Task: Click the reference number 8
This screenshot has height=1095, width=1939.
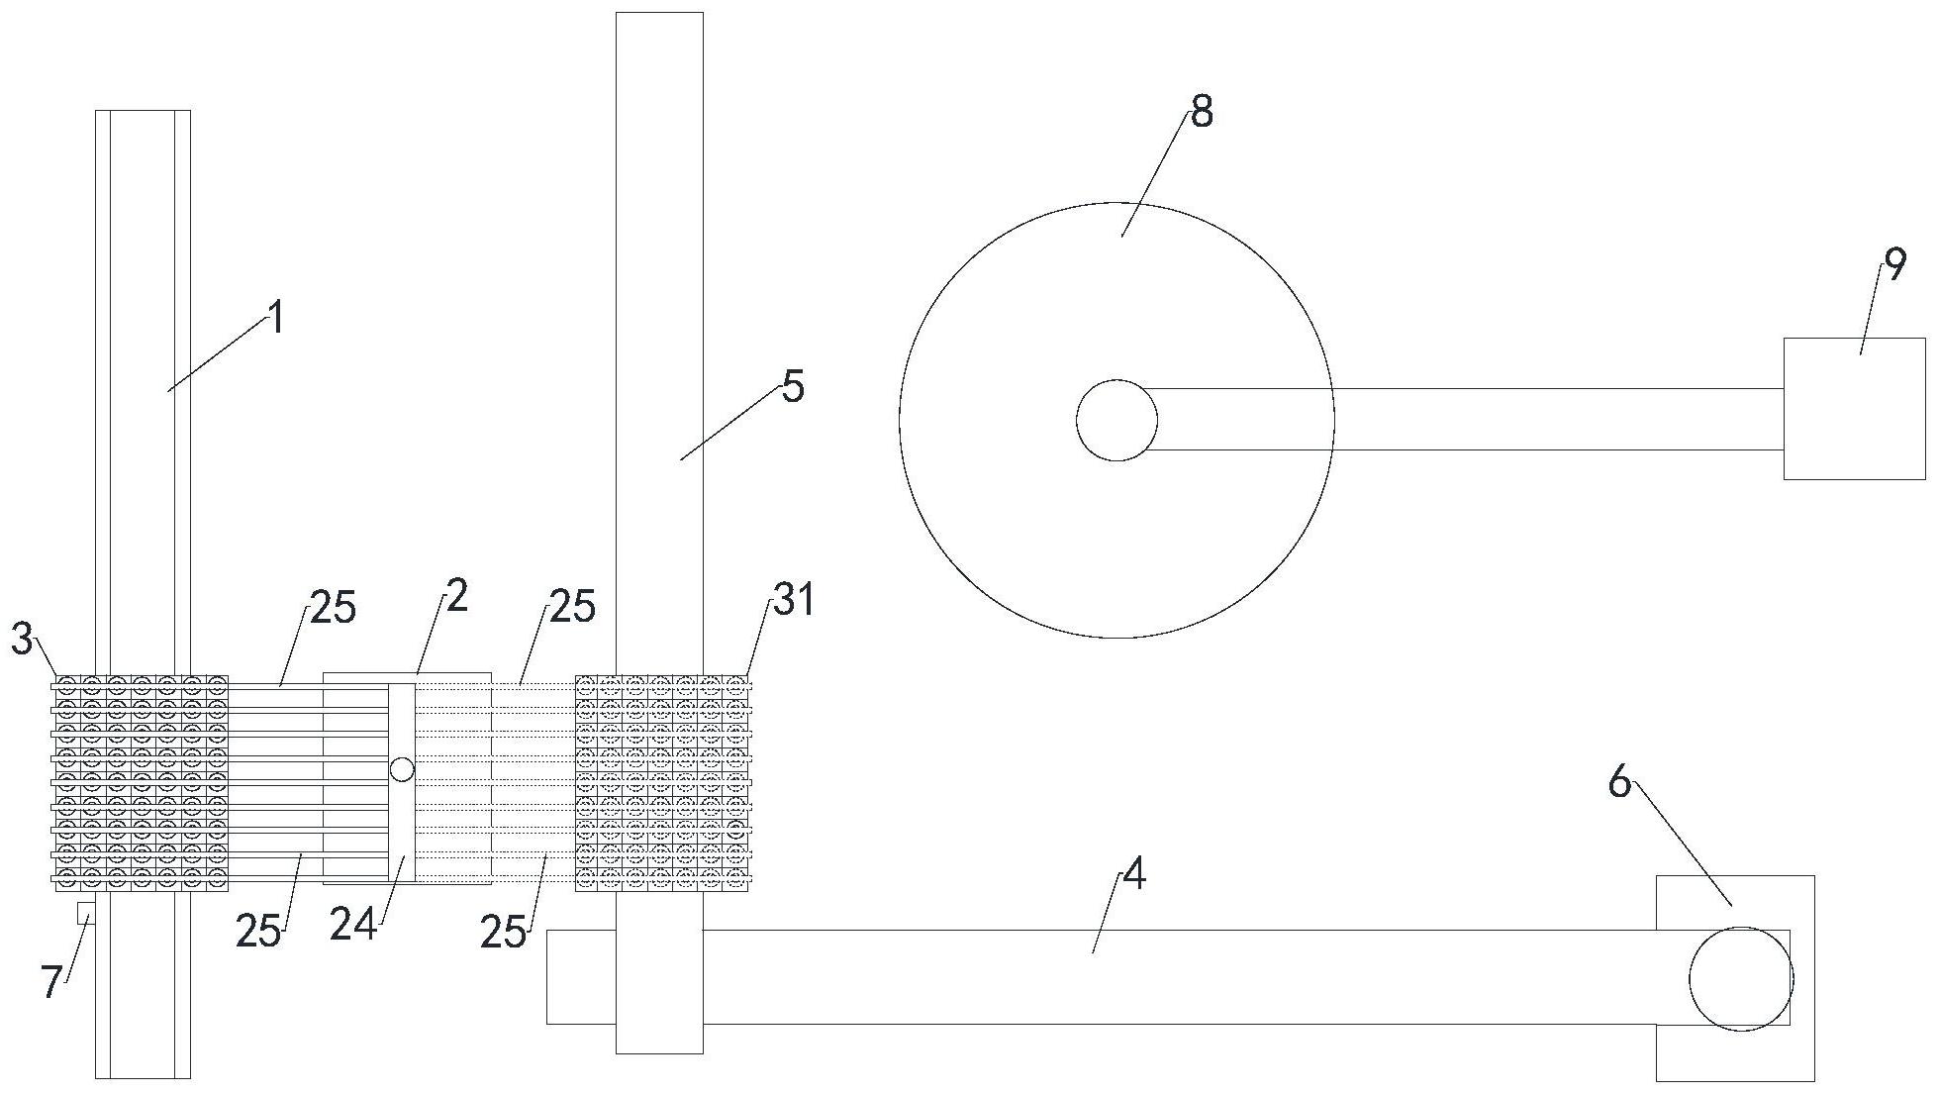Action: [1202, 113]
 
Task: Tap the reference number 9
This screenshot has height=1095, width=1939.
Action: [1894, 264]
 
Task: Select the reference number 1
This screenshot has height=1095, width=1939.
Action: [277, 319]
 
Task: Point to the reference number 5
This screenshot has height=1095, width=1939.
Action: [793, 387]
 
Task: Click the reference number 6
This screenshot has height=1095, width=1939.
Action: [1619, 783]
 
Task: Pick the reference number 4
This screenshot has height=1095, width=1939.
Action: [1134, 874]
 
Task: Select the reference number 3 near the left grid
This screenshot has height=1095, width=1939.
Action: [23, 639]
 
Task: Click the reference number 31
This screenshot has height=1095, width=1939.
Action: [794, 600]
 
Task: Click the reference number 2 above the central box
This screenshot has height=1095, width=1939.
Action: [456, 596]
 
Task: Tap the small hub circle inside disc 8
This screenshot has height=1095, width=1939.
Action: [1116, 420]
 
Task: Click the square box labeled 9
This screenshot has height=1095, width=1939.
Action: [1854, 409]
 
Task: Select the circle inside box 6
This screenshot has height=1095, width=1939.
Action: [1741, 979]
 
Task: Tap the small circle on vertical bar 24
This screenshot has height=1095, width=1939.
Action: [402, 769]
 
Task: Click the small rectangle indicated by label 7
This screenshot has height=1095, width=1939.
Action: [86, 913]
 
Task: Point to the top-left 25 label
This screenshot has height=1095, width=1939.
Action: [333, 608]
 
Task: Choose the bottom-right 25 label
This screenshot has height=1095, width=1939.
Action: [504, 932]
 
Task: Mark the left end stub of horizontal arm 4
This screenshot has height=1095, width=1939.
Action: [581, 976]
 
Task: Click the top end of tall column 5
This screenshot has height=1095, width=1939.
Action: [659, 14]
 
